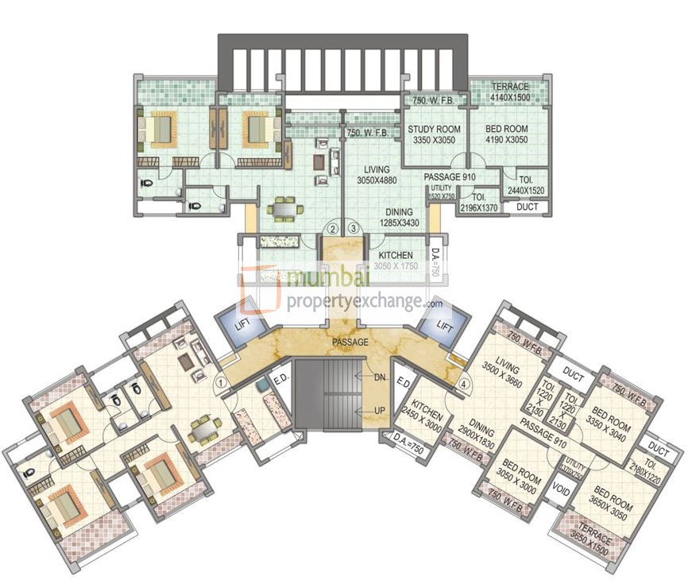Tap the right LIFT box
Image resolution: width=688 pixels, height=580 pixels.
tap(445, 326)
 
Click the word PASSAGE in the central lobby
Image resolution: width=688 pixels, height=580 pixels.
tap(350, 342)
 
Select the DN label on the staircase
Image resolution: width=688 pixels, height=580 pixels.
tap(380, 379)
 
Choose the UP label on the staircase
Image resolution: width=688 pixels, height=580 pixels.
tap(380, 409)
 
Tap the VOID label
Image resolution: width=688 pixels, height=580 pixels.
tap(561, 491)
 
